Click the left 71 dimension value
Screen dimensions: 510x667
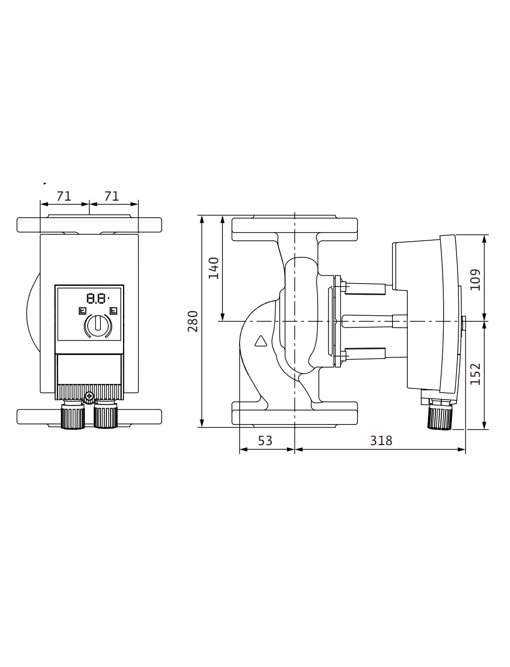coord(64,196)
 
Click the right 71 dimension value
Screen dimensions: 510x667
coord(111,196)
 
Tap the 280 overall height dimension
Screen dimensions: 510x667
coord(193,321)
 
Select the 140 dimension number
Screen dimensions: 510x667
coord(213,268)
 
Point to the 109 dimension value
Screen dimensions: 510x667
coord(475,280)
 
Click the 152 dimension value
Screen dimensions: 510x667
coord(475,374)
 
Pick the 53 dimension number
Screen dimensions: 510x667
coord(265,441)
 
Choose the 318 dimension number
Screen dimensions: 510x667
coord(381,441)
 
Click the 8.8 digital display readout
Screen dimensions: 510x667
coord(96,298)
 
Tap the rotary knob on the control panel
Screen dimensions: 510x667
coord(98,325)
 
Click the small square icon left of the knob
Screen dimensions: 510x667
coord(82,311)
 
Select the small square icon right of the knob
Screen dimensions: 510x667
coord(113,311)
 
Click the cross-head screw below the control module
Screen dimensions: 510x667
coord(89,396)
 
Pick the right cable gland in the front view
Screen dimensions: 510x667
coord(106,414)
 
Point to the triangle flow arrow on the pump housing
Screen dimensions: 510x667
coord(261,341)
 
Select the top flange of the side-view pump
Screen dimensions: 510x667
coord(294,228)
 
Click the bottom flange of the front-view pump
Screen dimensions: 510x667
coord(89,417)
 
